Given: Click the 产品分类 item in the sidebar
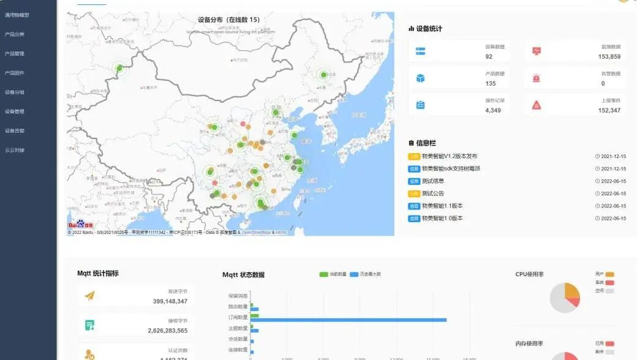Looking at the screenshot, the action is tap(15, 34).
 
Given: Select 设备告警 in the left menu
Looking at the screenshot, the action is tap(15, 130).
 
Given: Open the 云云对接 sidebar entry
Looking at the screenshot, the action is tap(15, 150).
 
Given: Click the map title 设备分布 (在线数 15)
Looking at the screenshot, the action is tap(229, 20).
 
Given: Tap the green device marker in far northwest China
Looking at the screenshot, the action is tap(120, 69).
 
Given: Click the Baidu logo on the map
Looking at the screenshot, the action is tap(81, 225).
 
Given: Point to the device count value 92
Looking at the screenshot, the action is tap(489, 56).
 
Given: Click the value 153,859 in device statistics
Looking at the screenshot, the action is tap(609, 56).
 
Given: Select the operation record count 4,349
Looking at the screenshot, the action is tap(493, 110).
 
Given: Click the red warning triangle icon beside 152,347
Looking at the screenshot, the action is tap(537, 105).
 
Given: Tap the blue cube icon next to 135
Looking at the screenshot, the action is tap(420, 78).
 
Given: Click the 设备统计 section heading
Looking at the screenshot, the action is tap(429, 29).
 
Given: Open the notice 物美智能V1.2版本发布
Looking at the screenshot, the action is tap(450, 156).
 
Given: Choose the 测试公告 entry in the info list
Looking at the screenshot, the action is tap(433, 193).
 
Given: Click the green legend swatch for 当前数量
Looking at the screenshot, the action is tap(324, 274).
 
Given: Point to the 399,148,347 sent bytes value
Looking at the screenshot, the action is tap(170, 301).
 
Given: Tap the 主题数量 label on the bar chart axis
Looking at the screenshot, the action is tap(238, 328).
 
